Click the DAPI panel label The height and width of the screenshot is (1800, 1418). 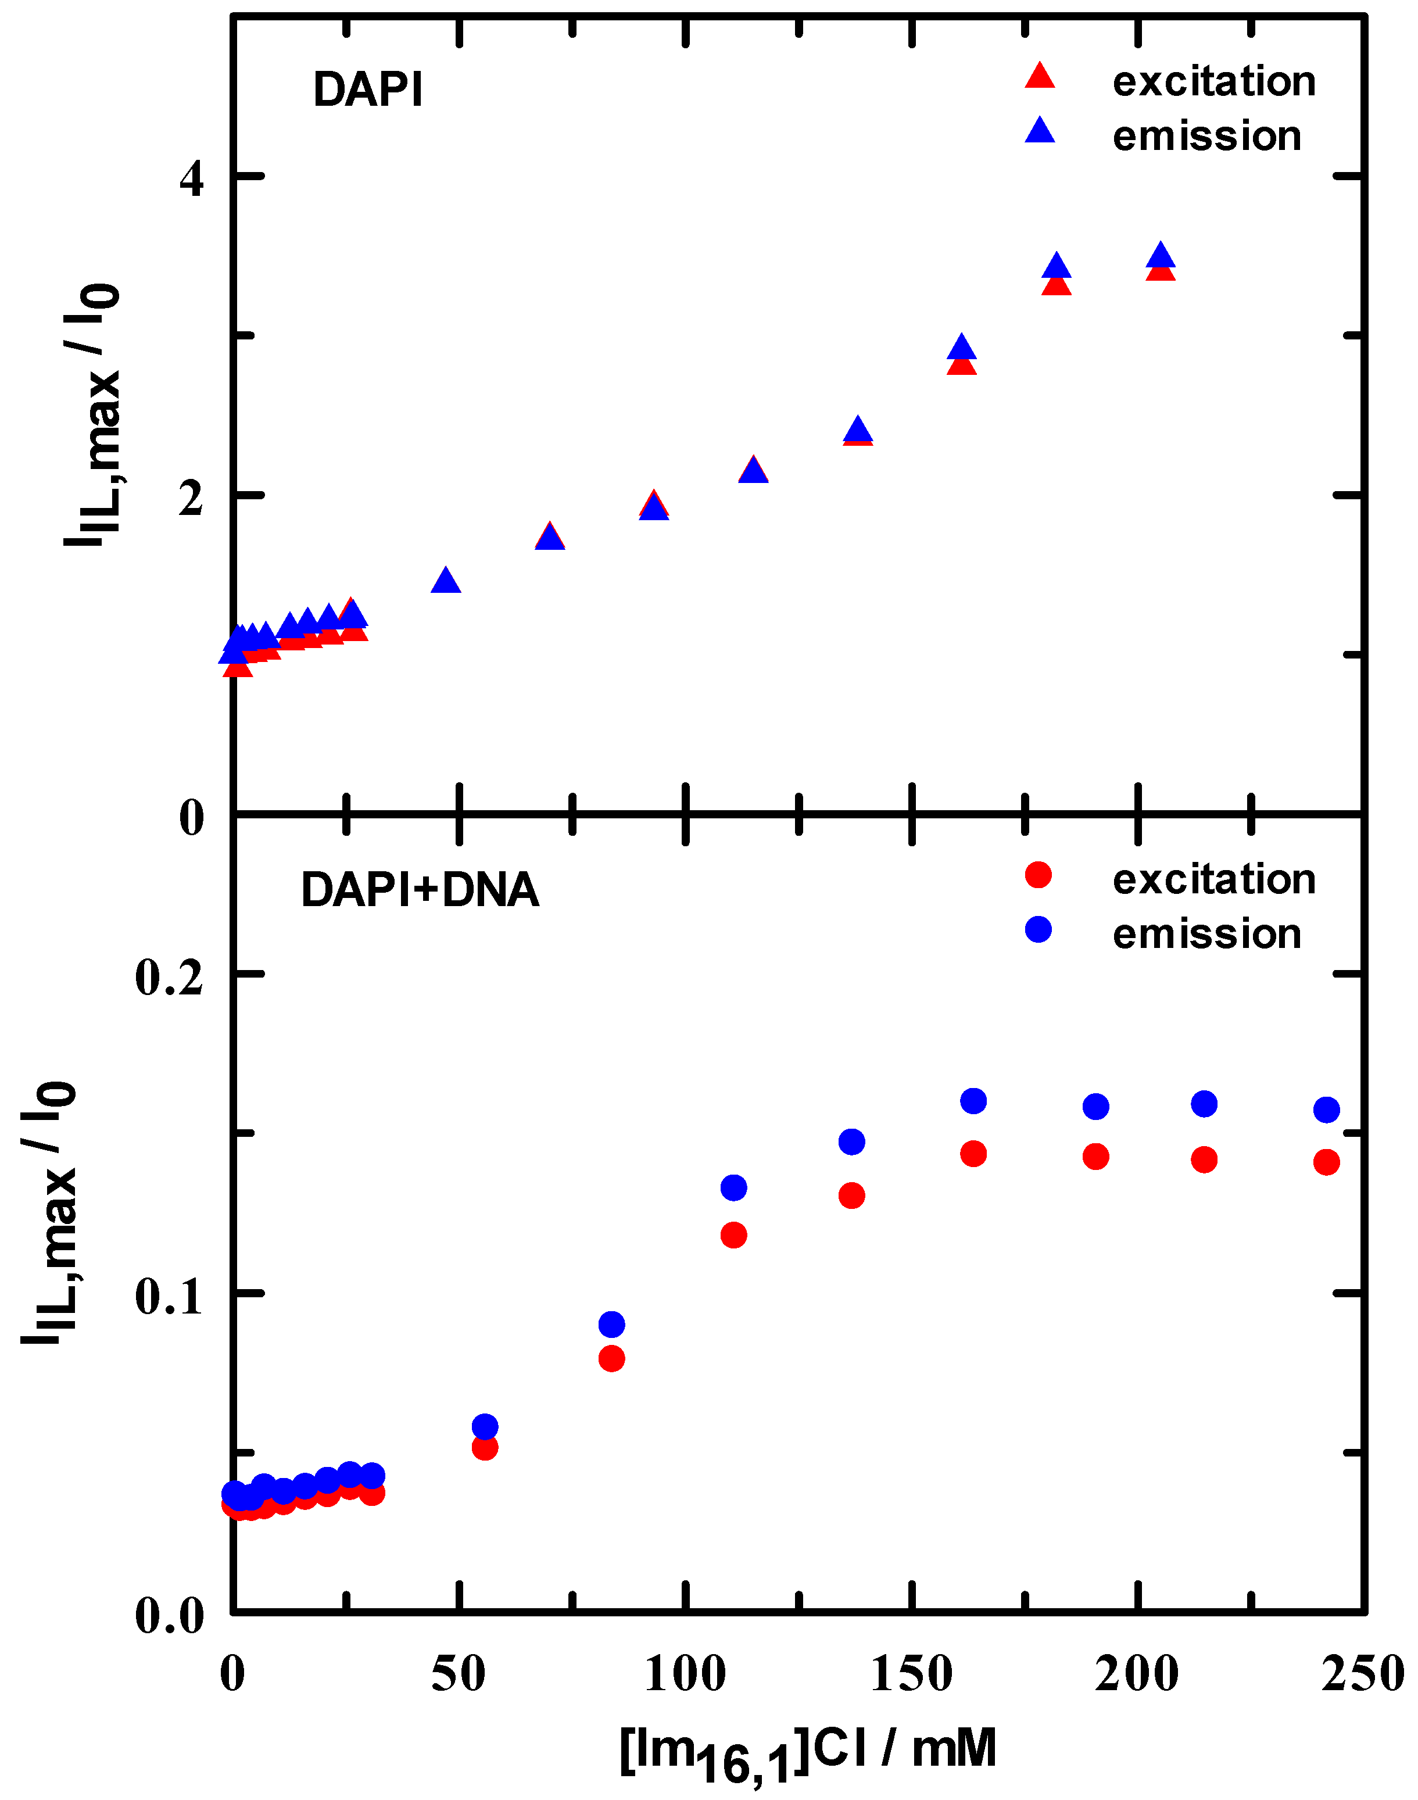[368, 90]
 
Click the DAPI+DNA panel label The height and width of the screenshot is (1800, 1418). [420, 890]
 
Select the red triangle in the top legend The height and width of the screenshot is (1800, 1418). [1040, 76]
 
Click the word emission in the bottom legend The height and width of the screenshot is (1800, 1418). [1206, 933]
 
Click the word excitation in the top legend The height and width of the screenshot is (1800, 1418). [1214, 81]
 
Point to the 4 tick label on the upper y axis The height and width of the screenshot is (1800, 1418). [192, 178]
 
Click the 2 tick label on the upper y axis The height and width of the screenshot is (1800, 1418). [192, 498]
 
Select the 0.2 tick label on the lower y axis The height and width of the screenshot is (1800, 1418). [169, 976]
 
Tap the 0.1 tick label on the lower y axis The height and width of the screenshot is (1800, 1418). [169, 1296]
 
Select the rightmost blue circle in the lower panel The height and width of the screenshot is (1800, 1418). [1327, 1109]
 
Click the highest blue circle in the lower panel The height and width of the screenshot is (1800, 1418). [973, 1101]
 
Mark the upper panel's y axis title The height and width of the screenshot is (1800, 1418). [93, 415]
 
